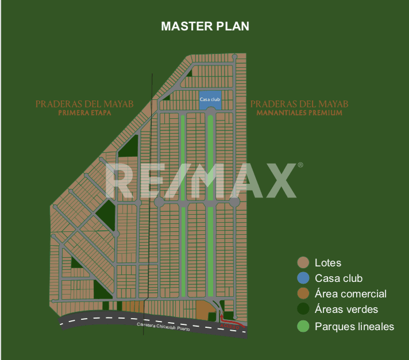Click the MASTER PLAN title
204,26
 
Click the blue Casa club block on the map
210,99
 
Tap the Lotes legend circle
303,263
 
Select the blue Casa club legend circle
303,278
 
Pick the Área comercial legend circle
303,294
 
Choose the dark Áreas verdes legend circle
303,309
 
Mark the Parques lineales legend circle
303,327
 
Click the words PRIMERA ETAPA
84,114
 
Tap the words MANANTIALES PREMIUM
299,114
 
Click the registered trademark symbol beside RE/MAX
300,165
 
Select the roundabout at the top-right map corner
235,56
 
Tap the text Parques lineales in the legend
354,327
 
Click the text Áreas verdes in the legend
346,309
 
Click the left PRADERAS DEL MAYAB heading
84,104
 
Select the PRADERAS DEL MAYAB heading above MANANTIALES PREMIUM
299,104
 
